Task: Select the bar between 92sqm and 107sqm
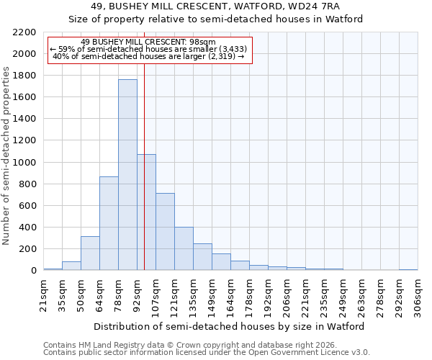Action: (146, 212)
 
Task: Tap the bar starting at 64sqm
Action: (109, 223)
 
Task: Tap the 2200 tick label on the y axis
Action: (24, 32)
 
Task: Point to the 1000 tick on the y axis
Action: (24, 163)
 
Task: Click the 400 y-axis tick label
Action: (27, 228)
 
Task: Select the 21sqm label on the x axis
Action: (43, 295)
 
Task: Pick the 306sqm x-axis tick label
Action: (418, 295)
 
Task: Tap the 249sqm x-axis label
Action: (343, 295)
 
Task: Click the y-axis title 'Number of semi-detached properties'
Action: (7, 155)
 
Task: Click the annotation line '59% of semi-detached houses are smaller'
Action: (150, 50)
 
